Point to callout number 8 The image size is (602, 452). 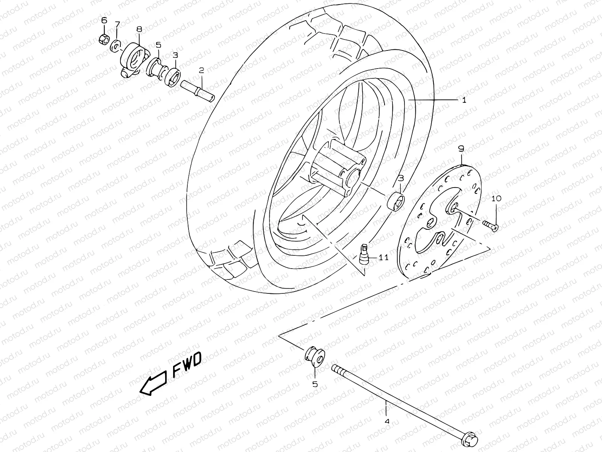pyautogui.click(x=139, y=29)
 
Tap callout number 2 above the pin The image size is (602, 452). pyautogui.click(x=201, y=70)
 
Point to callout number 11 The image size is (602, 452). pyautogui.click(x=383, y=258)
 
